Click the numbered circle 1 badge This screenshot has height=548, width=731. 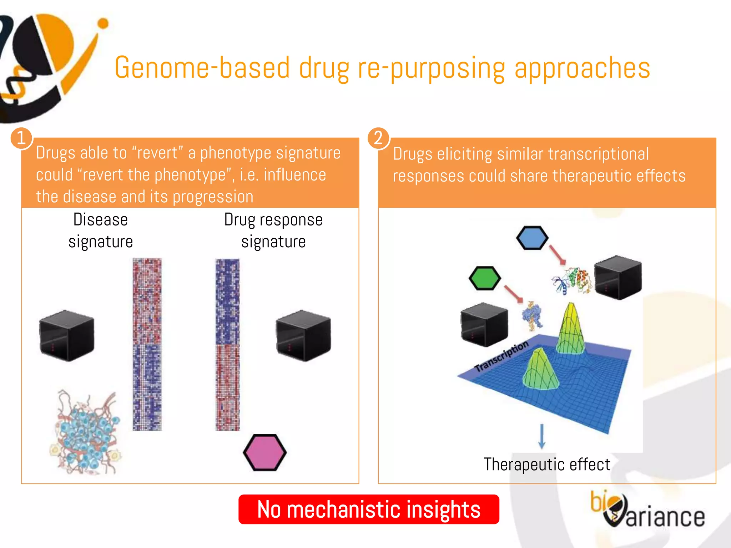[21, 138]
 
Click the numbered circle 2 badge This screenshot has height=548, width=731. [378, 138]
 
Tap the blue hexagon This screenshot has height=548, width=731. [532, 238]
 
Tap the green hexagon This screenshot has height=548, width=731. [485, 278]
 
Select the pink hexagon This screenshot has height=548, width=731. [264, 452]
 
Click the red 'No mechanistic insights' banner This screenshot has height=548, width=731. [368, 509]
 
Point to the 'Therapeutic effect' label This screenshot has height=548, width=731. [547, 465]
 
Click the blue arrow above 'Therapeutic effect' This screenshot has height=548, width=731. [542, 436]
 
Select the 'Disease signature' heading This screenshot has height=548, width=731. [101, 230]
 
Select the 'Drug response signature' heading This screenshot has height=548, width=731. [273, 230]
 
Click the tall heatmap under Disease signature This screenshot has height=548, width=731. [147, 344]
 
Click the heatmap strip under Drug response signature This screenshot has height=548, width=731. [227, 344]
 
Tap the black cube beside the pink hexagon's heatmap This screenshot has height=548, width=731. [303, 335]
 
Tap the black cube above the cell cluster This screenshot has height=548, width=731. [67, 335]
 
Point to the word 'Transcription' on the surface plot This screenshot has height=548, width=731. [501, 356]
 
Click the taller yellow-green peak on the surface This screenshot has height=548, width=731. [570, 328]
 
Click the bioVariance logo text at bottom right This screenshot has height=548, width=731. [648, 511]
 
